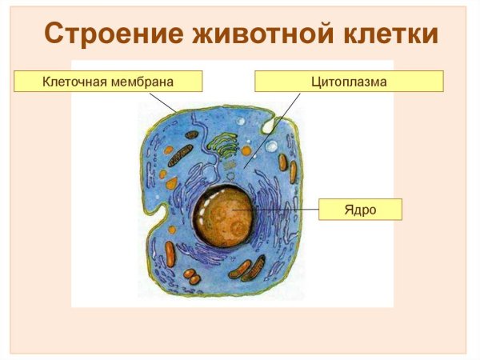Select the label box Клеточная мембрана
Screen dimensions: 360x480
pyautogui.click(x=108, y=82)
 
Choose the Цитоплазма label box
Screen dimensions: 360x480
pyautogui.click(x=349, y=82)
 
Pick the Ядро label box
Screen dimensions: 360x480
pyautogui.click(x=360, y=210)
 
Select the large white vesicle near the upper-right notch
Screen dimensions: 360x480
pyautogui.click(x=272, y=146)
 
